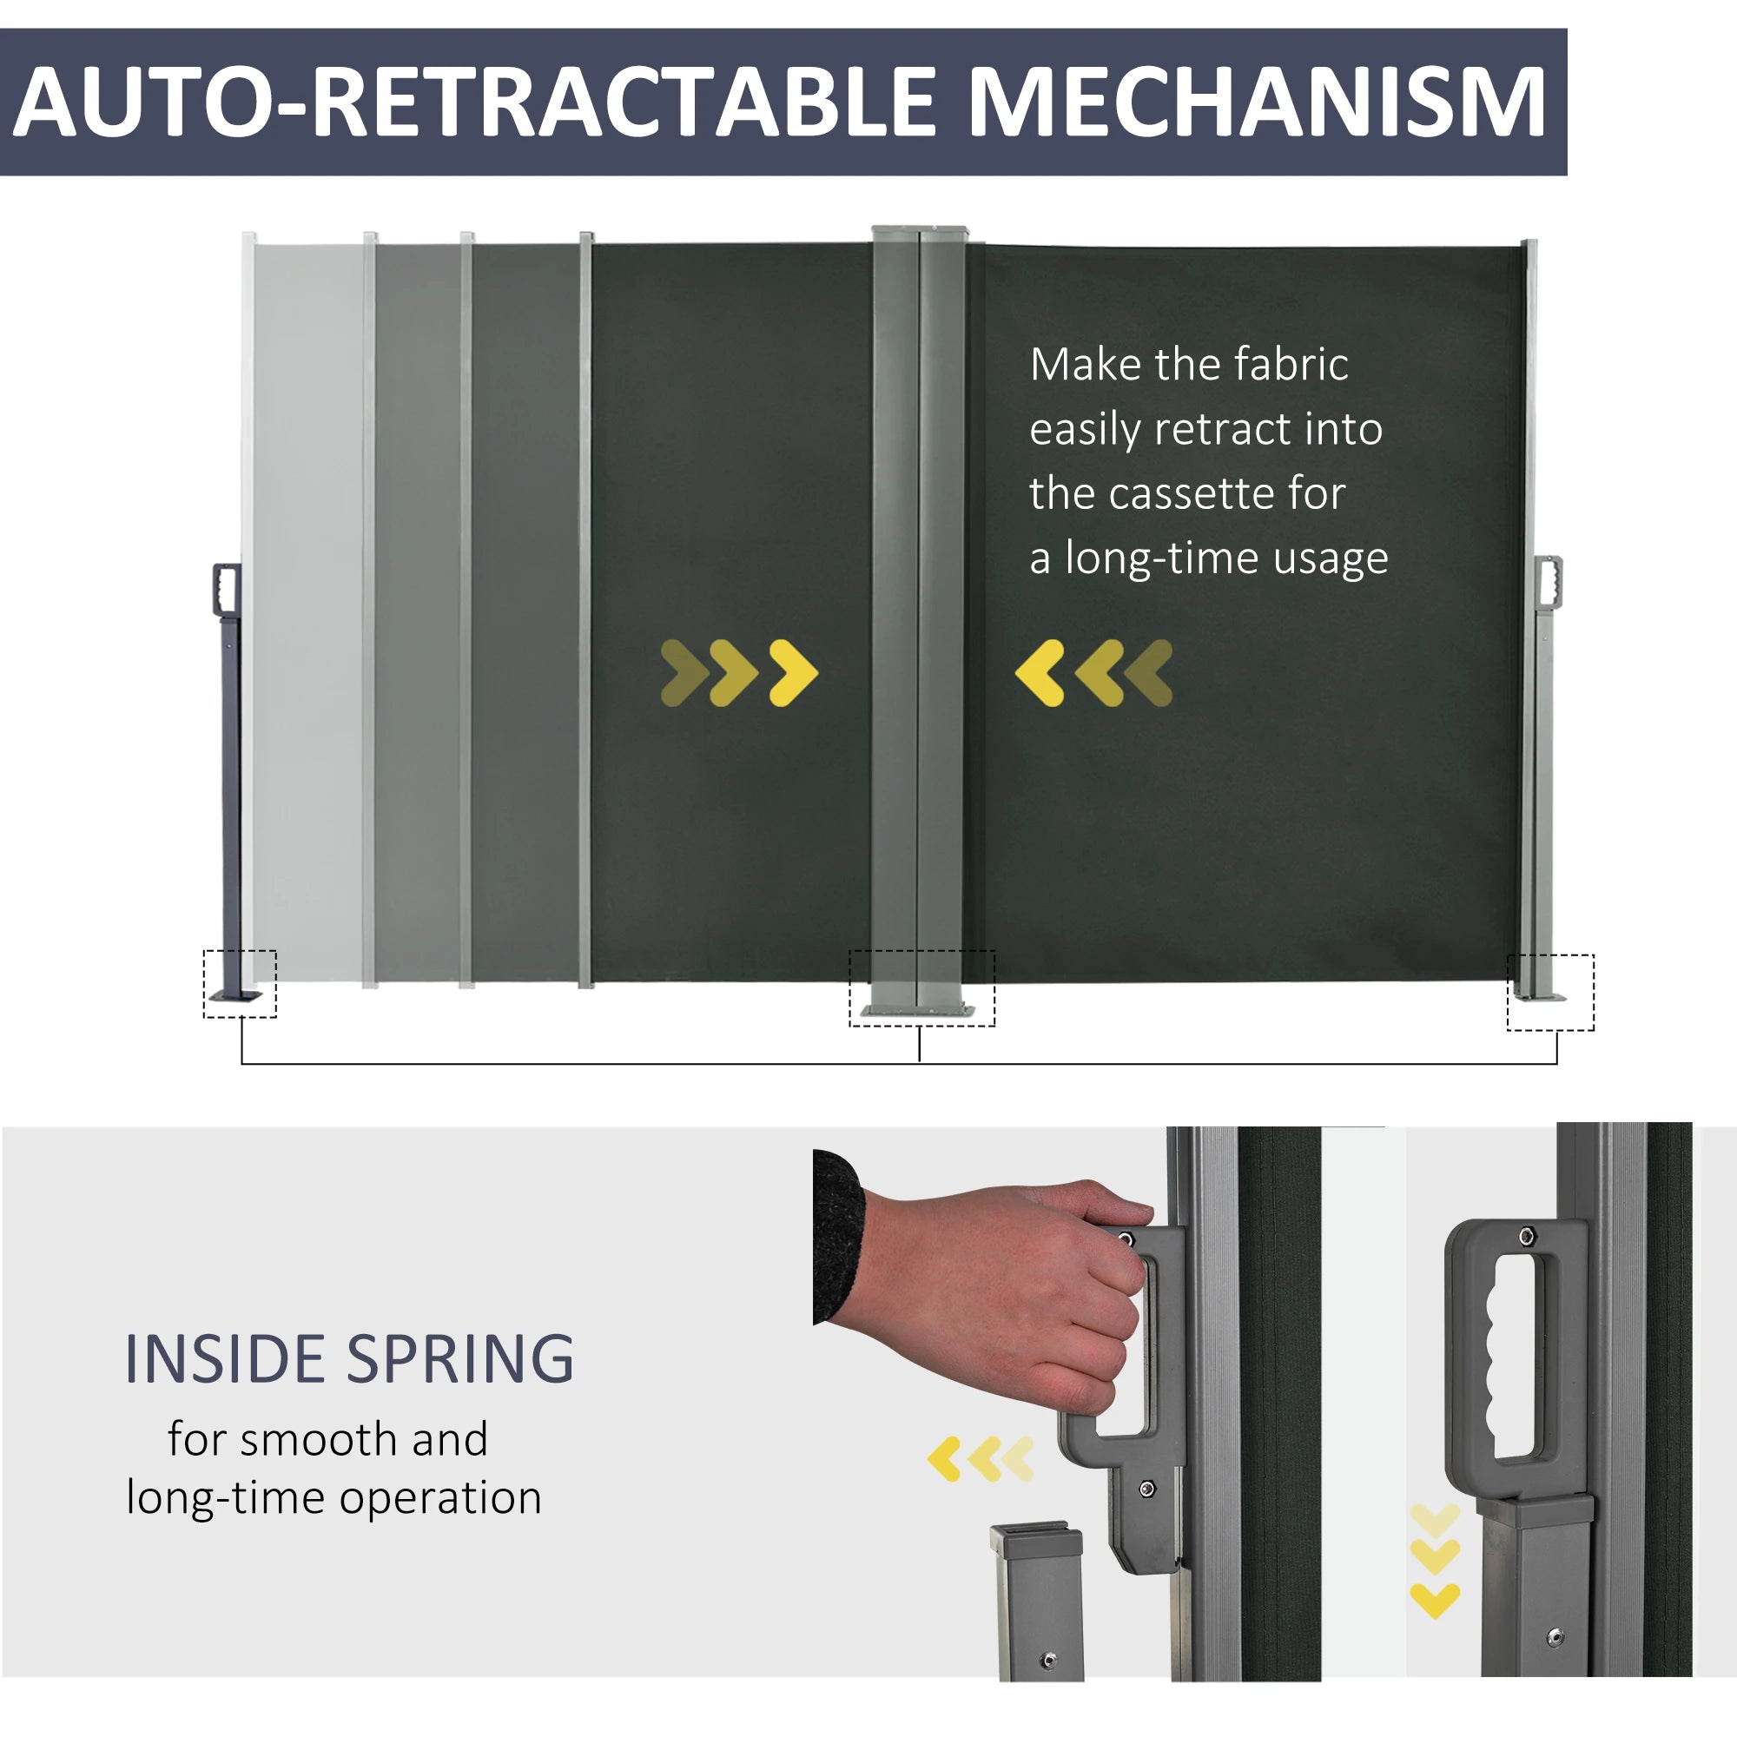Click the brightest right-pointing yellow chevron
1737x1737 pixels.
[793, 672]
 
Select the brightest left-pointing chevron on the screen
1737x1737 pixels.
[1040, 672]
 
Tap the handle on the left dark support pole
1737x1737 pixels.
[227, 589]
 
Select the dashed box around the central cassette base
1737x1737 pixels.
[921, 988]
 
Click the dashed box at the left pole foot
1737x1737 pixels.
[240, 984]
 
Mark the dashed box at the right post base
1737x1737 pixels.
[1550, 993]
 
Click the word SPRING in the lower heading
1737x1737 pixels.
[460, 1358]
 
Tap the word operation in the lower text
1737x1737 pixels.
[439, 1497]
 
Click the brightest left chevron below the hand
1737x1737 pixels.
[945, 1458]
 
